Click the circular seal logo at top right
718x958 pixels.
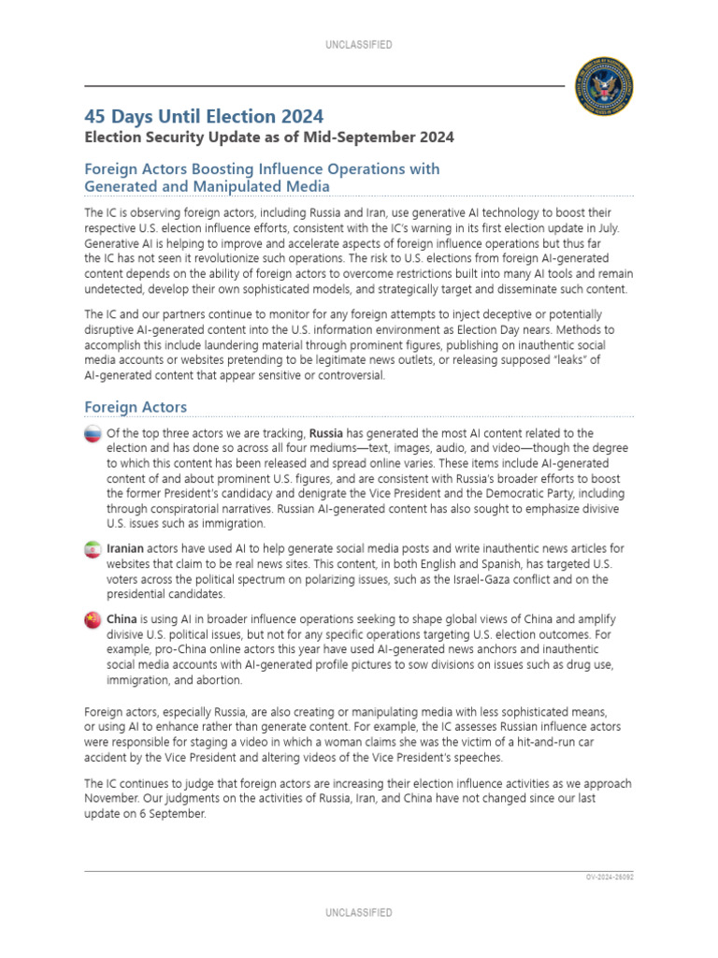point(603,84)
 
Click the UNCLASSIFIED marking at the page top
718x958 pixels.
point(359,45)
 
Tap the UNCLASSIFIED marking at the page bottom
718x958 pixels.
point(359,912)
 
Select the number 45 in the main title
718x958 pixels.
point(95,116)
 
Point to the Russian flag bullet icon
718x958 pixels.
point(93,434)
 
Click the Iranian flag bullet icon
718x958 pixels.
point(93,549)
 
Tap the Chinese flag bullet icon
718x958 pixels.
point(93,620)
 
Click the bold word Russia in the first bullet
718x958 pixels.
point(326,433)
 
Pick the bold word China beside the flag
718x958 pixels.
point(122,619)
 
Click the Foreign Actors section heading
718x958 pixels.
point(136,407)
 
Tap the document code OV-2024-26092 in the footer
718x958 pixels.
point(609,878)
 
